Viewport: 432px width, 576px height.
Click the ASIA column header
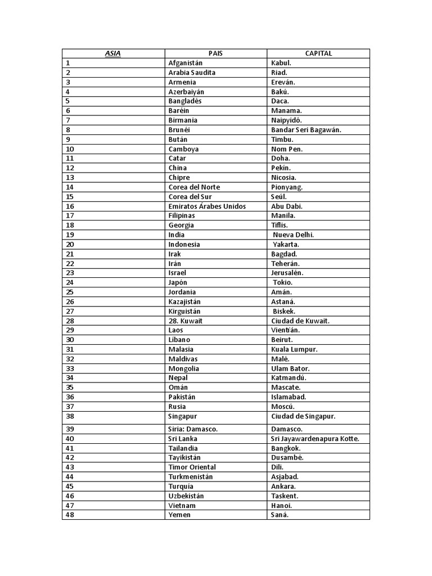(113, 53)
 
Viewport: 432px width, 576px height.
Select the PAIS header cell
(215, 53)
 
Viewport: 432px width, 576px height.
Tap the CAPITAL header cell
(318, 53)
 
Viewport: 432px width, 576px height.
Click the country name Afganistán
(185, 63)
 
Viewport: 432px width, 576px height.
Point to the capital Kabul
(281, 63)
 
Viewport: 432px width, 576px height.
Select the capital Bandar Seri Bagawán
(306, 130)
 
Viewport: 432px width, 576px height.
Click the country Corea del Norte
(194, 187)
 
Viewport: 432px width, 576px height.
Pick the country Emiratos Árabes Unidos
(207, 206)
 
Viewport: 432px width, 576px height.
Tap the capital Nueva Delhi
(294, 235)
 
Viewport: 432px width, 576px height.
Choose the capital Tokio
(283, 282)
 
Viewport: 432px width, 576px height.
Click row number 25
(70, 292)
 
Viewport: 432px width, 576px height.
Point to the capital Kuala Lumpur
(294, 349)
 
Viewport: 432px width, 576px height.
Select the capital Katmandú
(289, 378)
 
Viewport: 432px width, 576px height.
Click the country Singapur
(183, 416)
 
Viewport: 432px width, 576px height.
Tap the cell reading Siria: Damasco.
(193, 429)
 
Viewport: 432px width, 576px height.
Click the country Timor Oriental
(192, 467)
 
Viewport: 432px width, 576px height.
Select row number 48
(70, 515)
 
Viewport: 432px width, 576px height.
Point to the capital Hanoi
(281, 505)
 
